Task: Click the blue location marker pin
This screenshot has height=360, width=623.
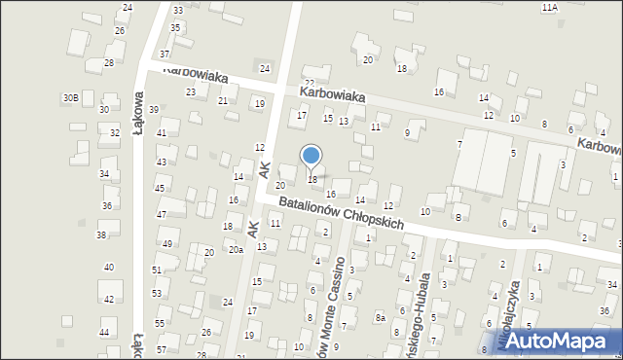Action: click(x=311, y=157)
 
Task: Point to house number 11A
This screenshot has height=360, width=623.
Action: click(x=550, y=7)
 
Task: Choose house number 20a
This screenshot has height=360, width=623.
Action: click(x=236, y=250)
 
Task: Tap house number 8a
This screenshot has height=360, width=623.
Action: click(x=382, y=317)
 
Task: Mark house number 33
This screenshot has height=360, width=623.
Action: click(x=177, y=10)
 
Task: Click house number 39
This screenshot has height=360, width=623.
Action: click(x=153, y=109)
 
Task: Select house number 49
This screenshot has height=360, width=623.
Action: click(x=167, y=243)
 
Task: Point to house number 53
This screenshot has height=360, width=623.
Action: click(x=157, y=293)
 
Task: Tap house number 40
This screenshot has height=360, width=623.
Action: click(x=109, y=267)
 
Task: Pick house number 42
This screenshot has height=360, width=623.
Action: click(x=109, y=299)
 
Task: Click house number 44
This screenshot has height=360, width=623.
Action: click(x=104, y=333)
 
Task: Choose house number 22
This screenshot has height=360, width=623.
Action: click(x=310, y=84)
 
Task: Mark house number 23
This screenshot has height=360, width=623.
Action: click(x=191, y=92)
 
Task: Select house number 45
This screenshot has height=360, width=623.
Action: click(x=160, y=188)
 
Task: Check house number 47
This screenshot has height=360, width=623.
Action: click(x=162, y=214)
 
